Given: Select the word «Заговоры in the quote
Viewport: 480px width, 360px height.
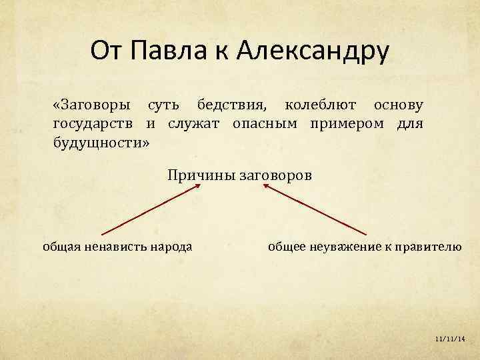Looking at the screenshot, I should (x=91, y=105).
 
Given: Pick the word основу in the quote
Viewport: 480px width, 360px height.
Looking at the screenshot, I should (x=398, y=105).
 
